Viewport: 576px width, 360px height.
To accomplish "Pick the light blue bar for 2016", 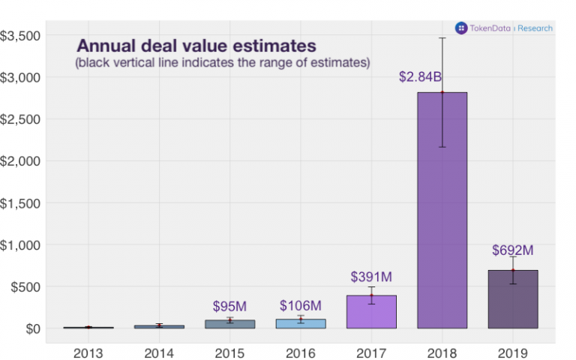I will point(301,323).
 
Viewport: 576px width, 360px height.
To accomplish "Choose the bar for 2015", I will point(230,324).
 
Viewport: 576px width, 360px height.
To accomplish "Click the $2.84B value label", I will point(420,76).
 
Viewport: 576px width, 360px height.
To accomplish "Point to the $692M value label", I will point(512,250).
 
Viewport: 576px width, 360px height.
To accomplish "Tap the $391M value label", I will point(371,277).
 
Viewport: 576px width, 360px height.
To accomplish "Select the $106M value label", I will point(301,305).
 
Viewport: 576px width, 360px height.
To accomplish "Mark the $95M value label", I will point(229,307).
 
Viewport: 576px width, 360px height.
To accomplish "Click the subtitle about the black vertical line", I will point(222,63).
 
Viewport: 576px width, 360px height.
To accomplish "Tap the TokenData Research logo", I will point(504,28).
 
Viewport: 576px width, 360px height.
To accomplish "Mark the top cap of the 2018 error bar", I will point(442,37).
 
